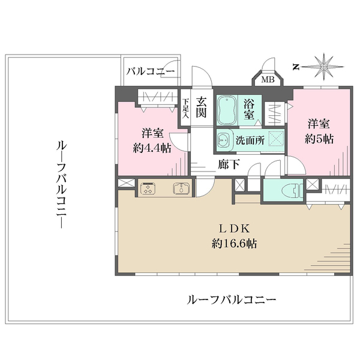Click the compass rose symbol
[x=324, y=65]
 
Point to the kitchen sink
[x=181, y=188]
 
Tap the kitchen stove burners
[x=147, y=188]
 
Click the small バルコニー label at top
[x=151, y=71]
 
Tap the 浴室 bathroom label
[x=249, y=108]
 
